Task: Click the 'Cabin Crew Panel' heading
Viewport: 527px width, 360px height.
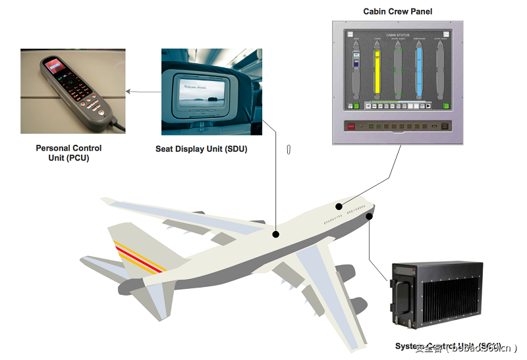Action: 397,11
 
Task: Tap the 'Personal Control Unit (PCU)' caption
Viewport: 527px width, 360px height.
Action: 69,153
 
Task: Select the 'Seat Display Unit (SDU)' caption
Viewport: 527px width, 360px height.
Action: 201,149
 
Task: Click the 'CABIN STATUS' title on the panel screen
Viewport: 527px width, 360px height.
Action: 398,35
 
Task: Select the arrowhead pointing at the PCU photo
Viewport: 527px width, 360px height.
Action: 128,91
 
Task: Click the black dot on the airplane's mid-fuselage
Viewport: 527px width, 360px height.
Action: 276,234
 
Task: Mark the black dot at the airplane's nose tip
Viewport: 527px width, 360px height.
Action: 370,216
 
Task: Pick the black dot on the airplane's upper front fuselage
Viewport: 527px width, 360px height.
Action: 339,207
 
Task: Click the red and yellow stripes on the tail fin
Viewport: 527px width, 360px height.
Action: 139,257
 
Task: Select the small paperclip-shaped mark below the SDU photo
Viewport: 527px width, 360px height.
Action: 289,149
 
